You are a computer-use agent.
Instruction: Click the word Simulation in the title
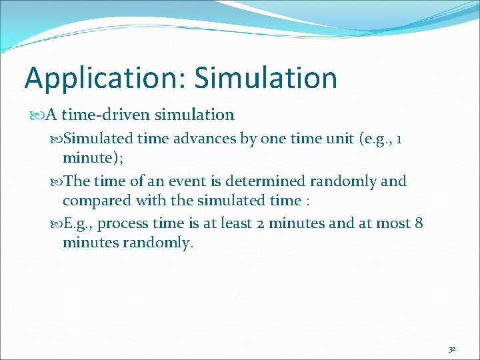(x=266, y=78)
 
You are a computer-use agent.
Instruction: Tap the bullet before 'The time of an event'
(x=56, y=181)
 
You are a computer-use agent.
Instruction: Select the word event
(x=201, y=181)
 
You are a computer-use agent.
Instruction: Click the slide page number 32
(x=452, y=349)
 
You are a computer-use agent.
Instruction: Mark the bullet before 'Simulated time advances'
(x=56, y=139)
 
